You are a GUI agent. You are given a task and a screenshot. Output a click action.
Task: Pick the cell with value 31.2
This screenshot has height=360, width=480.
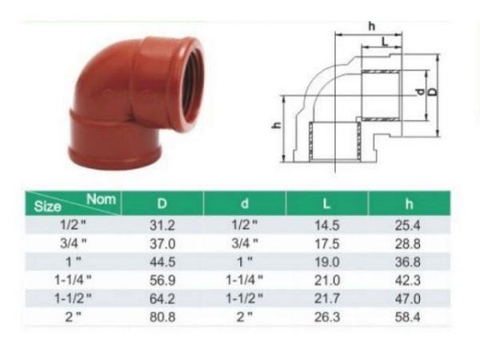point(164,226)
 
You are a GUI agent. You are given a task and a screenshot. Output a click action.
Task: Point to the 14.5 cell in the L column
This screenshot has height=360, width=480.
point(329,226)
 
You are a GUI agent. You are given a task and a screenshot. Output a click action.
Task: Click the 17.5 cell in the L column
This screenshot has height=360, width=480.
point(329,245)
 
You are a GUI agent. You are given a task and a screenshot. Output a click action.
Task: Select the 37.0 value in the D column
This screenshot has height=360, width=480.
point(164,245)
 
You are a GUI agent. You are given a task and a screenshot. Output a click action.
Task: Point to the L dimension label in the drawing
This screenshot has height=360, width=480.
point(386,40)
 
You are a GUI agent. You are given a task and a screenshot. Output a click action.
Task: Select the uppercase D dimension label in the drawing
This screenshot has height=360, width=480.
point(432,93)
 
